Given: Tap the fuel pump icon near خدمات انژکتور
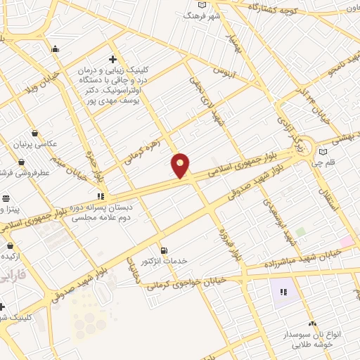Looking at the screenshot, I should coord(164,250).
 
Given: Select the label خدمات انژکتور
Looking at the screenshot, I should coord(165,261).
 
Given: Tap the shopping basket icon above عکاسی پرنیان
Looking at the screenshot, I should coord(35,133).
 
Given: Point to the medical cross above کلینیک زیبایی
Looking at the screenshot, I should coord(112,59).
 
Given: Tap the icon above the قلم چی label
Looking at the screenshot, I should coord(323,152).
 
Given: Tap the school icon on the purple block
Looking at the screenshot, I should coord(284,292).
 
